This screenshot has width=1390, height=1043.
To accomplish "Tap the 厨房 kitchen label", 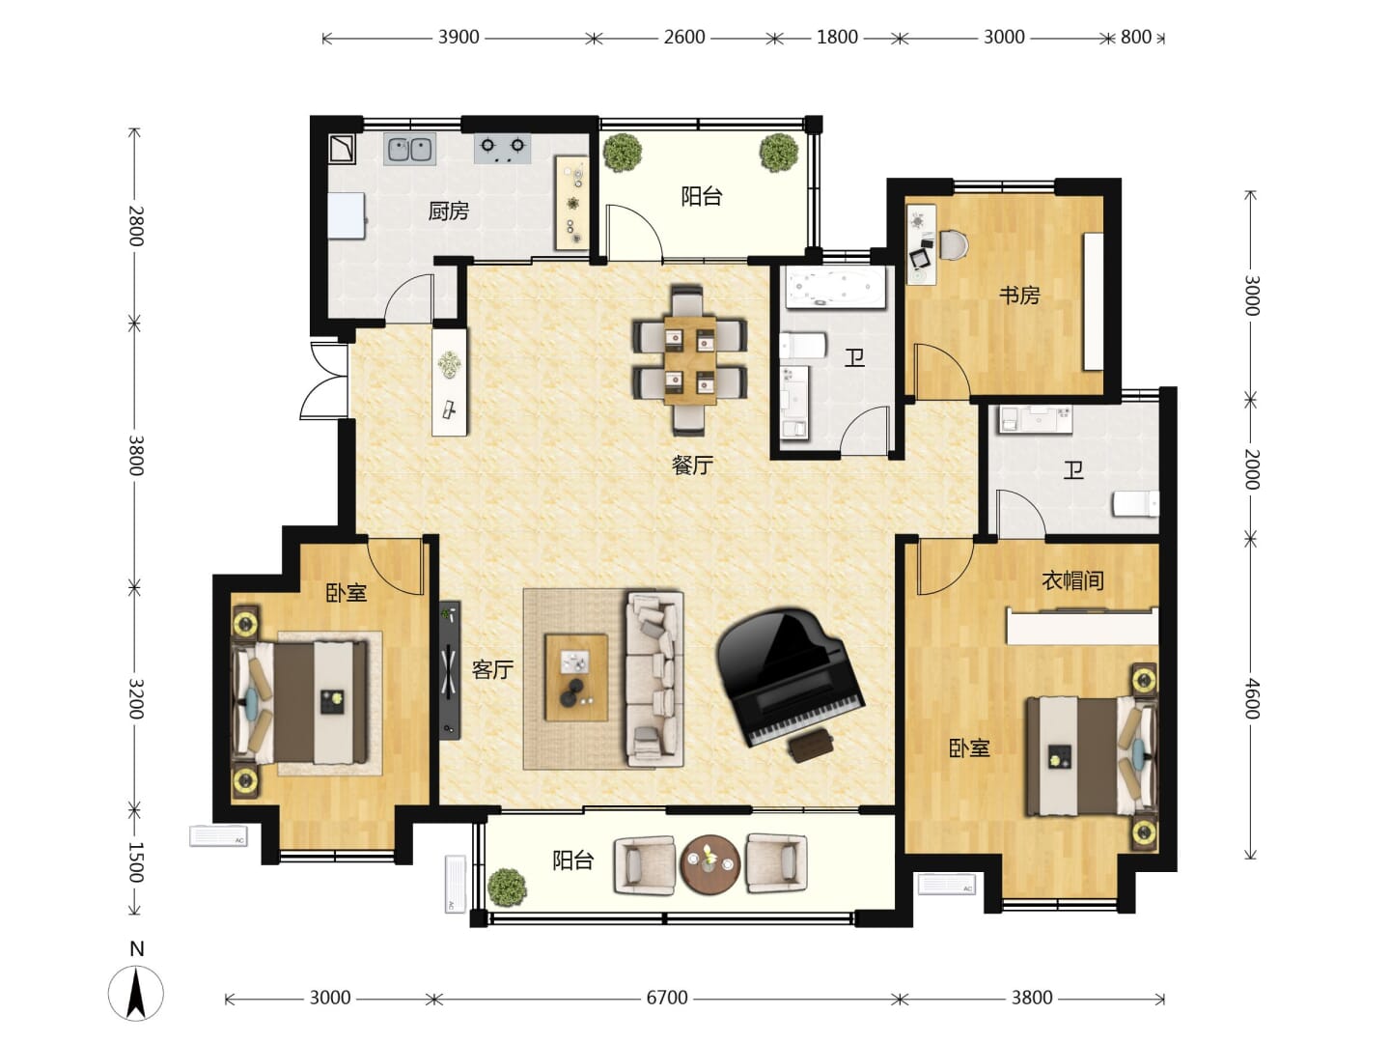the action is coord(448,211).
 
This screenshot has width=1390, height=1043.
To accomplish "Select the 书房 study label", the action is coord(1019,296).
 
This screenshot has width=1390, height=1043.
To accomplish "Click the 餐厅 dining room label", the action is coord(692,465).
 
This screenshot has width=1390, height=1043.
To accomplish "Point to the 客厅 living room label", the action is coord(492,669).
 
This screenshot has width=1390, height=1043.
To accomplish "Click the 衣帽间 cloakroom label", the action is coord(1072,580).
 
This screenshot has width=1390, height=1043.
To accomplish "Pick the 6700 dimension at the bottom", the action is coord(667,999).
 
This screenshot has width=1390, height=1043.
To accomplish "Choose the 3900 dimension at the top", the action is coord(459,37).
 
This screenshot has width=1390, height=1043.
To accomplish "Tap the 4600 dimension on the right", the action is coord(1252,698).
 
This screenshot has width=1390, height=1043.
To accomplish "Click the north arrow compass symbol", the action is coord(136,994).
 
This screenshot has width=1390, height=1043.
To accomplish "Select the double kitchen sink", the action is coord(409,150).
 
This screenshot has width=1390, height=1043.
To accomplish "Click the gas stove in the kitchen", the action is coord(502,149).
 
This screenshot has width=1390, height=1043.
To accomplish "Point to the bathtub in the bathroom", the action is coord(835,288).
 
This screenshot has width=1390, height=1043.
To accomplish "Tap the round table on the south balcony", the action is coord(709,865).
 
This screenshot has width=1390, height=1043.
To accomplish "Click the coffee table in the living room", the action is coord(576,678).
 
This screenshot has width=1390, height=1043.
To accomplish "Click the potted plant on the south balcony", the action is coord(507,887).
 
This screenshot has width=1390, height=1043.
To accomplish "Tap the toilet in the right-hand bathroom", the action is coord(1135,504).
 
